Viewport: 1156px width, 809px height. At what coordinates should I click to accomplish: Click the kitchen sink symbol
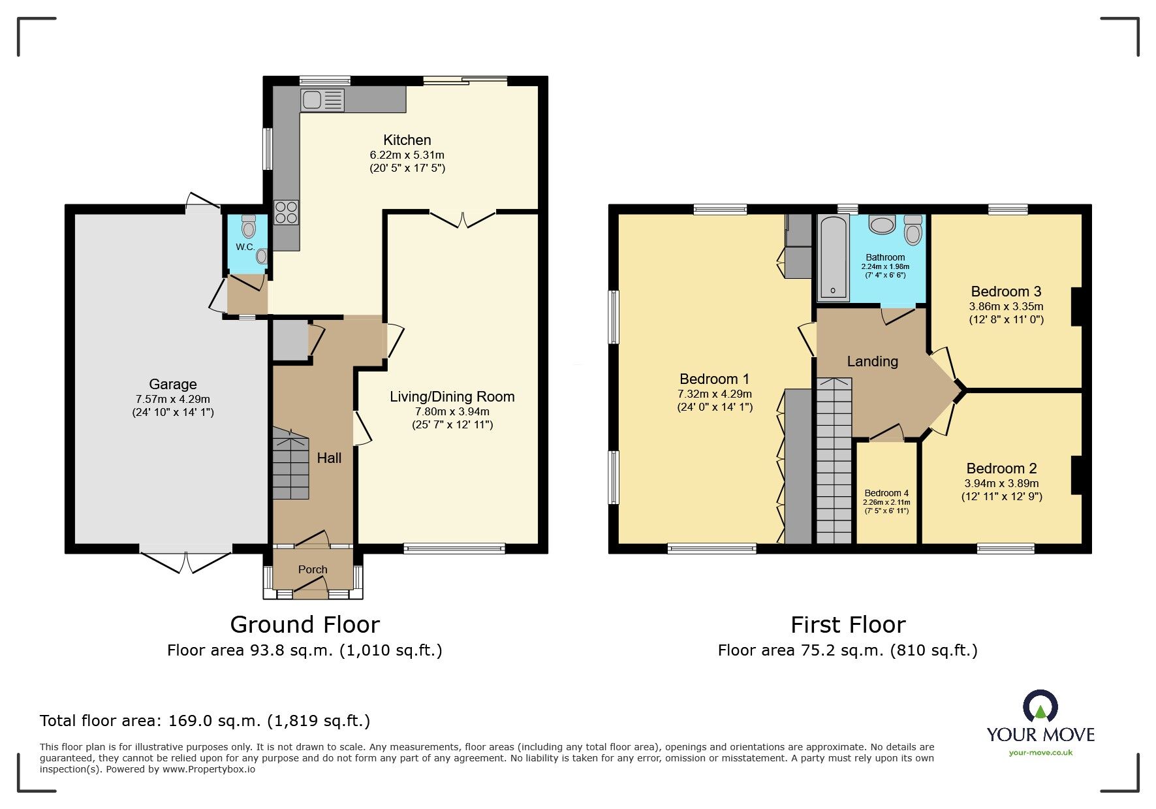pos(322,101)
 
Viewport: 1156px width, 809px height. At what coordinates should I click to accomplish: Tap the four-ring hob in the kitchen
pos(286,212)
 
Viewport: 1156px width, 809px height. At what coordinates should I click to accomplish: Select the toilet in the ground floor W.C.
pos(248,227)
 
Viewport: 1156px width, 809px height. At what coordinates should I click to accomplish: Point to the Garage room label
pos(172,384)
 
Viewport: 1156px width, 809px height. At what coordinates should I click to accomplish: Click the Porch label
pos(313,569)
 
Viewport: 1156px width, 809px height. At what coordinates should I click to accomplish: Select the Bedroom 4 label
pos(886,493)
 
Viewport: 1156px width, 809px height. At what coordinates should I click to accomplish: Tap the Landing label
pos(872,361)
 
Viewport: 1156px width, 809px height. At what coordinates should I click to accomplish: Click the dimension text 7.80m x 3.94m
pos(452,411)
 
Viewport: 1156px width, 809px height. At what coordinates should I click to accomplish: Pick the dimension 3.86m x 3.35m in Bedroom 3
pos(1006,306)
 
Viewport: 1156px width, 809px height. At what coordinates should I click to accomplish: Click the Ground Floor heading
pos(305,625)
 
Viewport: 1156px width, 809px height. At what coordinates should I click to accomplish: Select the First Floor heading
pos(847,625)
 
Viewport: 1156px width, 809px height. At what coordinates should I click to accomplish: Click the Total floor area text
pos(205,721)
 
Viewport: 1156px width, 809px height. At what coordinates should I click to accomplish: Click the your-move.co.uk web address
pos(1040,753)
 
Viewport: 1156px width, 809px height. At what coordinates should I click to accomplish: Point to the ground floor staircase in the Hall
pos(290,464)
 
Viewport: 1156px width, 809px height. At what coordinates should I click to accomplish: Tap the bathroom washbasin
pos(883,225)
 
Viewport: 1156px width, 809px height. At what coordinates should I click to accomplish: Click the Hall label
pos(329,458)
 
